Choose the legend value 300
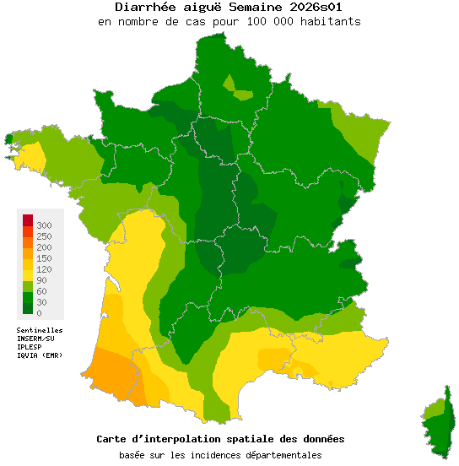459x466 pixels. coord(44,225)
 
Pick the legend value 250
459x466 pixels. coord(44,236)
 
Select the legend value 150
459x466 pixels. coord(44,258)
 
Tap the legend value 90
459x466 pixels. coord(41,280)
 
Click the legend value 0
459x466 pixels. coord(39,313)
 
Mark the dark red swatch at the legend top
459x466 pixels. coord(28,220)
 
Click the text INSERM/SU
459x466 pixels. coord(35,339)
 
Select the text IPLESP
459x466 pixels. coord(30,346)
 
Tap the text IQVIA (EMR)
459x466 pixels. coord(39,355)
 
